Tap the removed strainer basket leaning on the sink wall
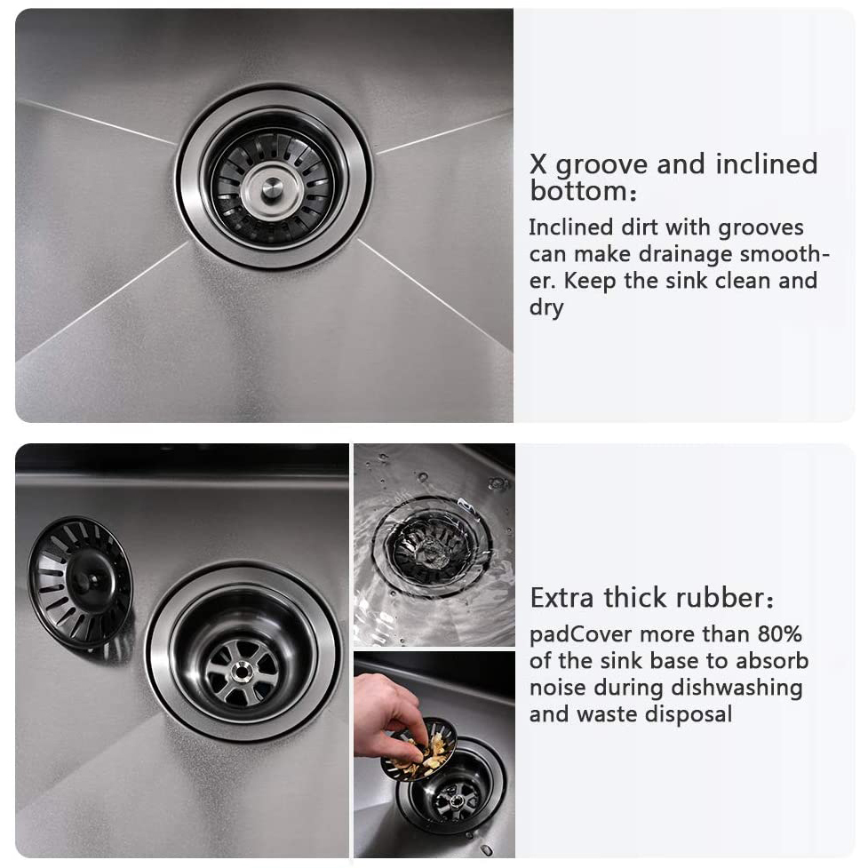tap(80, 582)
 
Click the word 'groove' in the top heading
tap(601, 166)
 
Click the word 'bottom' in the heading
tap(578, 192)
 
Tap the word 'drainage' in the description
tap(685, 255)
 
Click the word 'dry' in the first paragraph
tap(545, 307)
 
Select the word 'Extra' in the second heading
tap(562, 598)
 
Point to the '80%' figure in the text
tap(779, 634)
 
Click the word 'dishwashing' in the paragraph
tap(737, 688)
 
